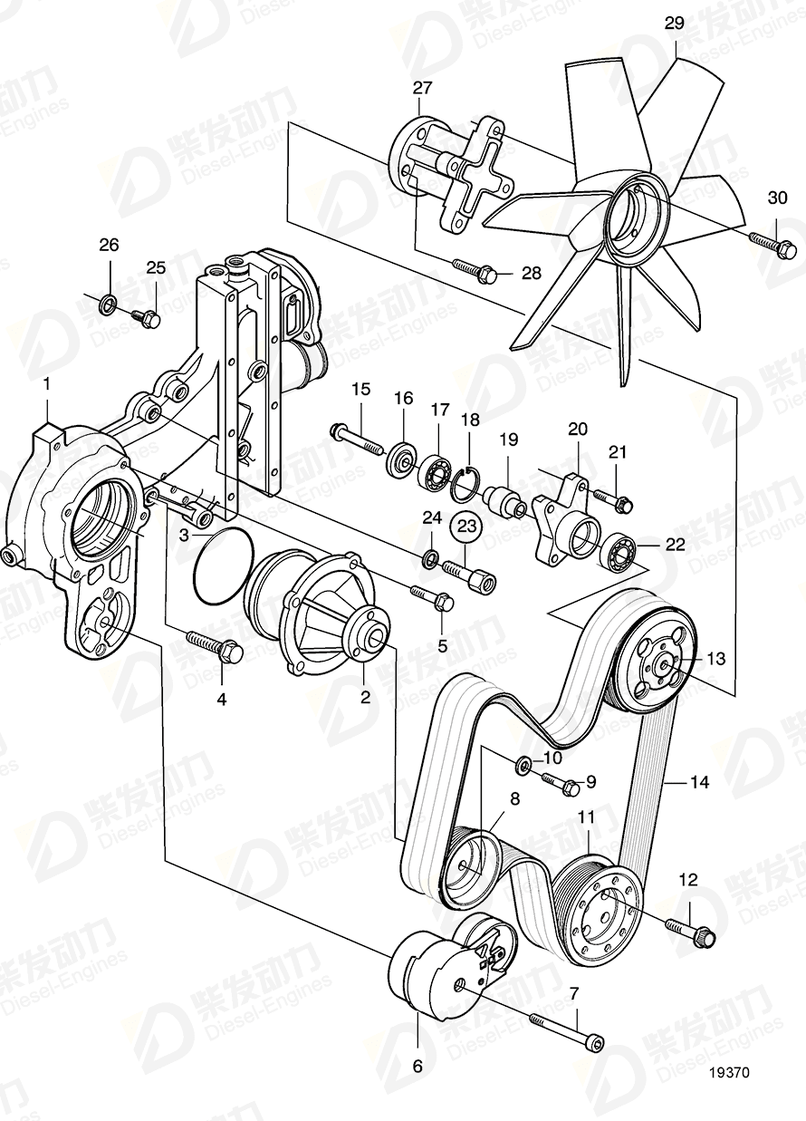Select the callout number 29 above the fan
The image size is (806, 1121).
pyautogui.click(x=675, y=24)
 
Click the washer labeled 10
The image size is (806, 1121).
pyautogui.click(x=523, y=767)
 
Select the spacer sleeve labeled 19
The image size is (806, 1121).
pyautogui.click(x=505, y=499)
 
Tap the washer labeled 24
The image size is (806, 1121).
pyautogui.click(x=432, y=556)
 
